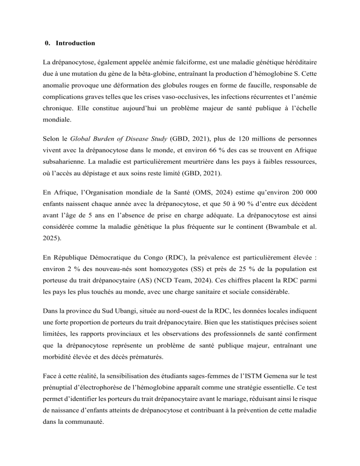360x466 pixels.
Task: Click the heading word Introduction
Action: pyautogui.click(x=75, y=43)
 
